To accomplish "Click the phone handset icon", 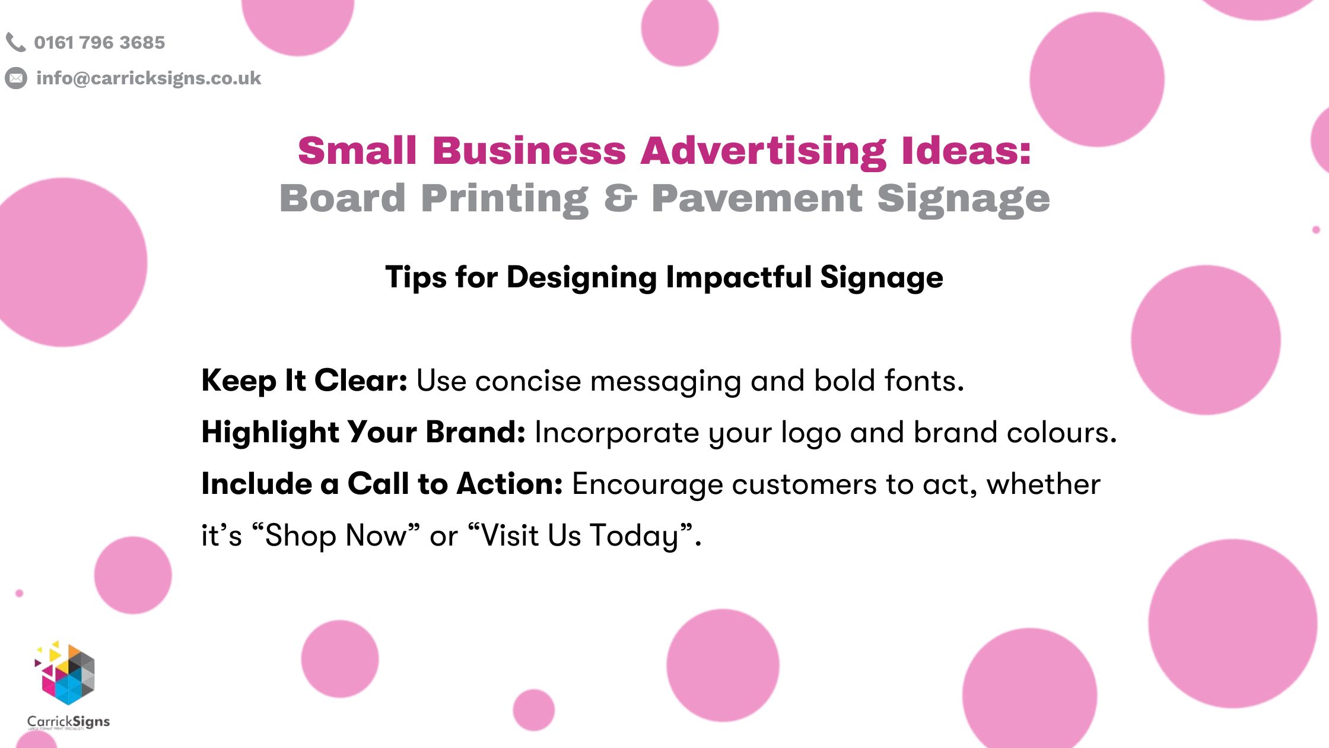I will point(15,42).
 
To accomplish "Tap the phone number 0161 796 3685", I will point(99,43).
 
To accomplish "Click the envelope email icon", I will point(16,78).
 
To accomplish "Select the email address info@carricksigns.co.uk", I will point(148,78).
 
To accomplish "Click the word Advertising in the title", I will point(763,151).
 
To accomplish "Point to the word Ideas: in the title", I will point(966,151).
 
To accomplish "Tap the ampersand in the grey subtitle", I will point(620,198).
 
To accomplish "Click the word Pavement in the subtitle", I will point(756,198).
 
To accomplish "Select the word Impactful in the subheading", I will point(739,277).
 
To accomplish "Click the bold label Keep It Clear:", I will point(304,381).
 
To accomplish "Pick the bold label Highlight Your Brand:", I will point(363,432).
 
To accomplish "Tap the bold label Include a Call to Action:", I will point(382,484).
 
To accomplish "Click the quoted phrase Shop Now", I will point(336,535).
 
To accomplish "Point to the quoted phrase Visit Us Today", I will point(580,535).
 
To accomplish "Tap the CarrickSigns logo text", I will point(69,722).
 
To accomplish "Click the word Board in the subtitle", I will point(342,198).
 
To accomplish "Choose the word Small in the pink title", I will point(357,151).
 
